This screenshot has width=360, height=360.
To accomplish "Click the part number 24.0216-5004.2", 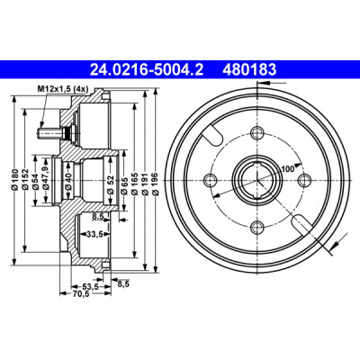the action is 147,70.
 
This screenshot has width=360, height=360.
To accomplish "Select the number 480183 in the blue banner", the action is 249,70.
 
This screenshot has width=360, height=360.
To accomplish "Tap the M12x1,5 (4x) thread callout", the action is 62,89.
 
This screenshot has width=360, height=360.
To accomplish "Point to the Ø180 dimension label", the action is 16,180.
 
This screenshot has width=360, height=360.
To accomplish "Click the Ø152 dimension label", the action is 26,180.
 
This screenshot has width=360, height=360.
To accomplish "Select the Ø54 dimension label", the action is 36,182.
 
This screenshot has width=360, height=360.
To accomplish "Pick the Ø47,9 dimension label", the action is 46,178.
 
